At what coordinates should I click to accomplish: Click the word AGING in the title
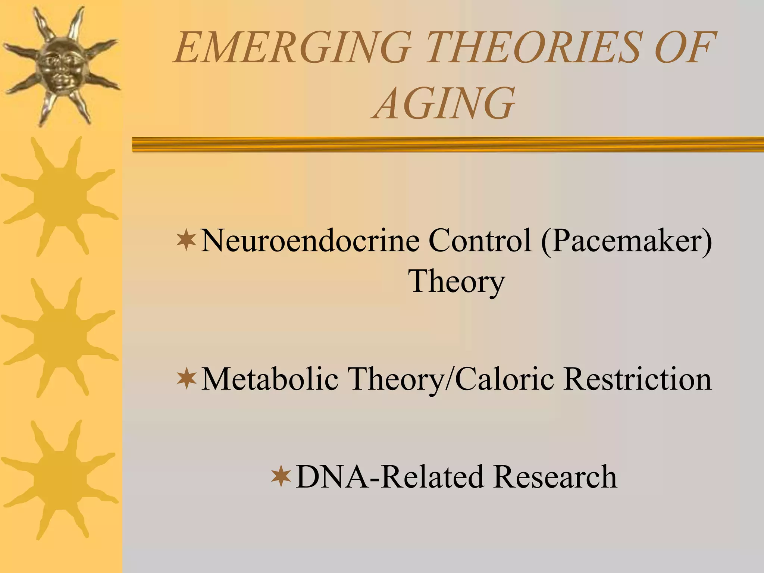click(x=444, y=103)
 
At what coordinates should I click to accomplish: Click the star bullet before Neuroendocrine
click(x=187, y=241)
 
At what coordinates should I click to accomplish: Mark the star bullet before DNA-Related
click(x=281, y=477)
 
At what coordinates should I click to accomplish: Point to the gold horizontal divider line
click(x=448, y=144)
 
